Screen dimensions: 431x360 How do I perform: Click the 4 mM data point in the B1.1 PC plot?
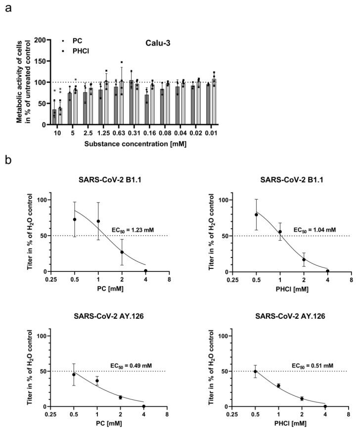coord(145,271)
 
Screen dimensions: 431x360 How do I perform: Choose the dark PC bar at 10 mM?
coord(54,114)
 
